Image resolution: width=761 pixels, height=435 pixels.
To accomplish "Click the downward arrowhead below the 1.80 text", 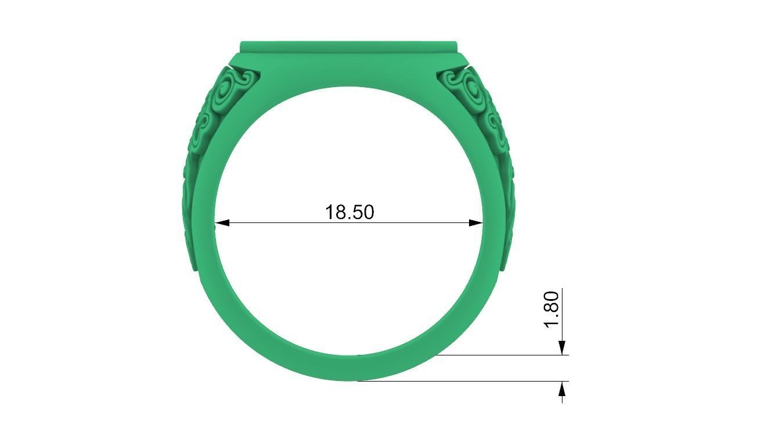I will click(x=562, y=347).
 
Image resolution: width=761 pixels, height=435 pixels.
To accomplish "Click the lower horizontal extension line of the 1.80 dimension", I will click(x=464, y=382).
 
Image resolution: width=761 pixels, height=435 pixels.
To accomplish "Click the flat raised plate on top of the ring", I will click(x=349, y=46).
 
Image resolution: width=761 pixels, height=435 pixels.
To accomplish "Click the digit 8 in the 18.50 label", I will click(x=338, y=212).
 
